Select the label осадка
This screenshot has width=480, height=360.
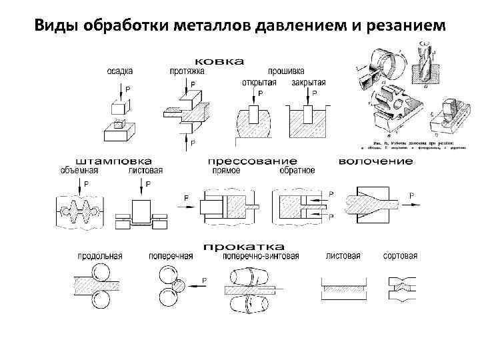coord(120,71)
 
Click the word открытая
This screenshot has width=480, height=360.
coord(258,82)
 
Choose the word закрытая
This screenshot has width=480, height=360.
coord(309,82)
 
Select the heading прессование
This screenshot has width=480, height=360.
coord(251,161)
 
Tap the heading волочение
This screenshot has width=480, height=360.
coord(375,161)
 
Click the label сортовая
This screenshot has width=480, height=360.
coord(401,256)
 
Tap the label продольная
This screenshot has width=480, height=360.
coord(99,256)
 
